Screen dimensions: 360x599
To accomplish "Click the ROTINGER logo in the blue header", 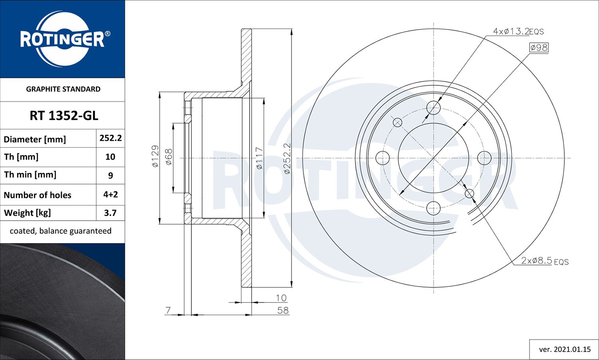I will (x=63, y=39).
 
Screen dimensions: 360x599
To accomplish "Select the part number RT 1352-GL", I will (x=63, y=116).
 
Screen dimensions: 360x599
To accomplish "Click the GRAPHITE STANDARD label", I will (x=63, y=89).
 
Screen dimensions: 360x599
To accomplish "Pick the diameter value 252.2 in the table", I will (x=111, y=138).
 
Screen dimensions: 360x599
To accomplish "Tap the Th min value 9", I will (x=111, y=175).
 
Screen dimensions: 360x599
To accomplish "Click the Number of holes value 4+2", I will (x=111, y=194).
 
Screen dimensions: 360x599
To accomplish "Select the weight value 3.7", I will (x=110, y=213).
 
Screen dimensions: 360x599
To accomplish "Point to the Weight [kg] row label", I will (x=28, y=213).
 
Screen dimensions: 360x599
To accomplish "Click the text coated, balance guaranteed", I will (x=61, y=231).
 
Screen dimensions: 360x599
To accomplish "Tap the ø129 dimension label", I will (x=155, y=156).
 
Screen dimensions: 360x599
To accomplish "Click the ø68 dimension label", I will (x=169, y=157).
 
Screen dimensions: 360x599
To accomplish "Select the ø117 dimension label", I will (x=259, y=158).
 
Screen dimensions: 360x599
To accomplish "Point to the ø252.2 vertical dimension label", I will (x=287, y=158).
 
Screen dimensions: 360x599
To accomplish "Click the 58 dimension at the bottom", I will (x=283, y=310).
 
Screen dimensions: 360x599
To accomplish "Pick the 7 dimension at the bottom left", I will (x=168, y=310).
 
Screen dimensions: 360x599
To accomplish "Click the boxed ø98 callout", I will (x=539, y=47).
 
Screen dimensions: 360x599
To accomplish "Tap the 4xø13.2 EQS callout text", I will (x=518, y=31).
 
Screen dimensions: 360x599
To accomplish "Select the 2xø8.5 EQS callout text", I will (x=545, y=261).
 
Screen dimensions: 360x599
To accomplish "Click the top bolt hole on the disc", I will (x=433, y=107).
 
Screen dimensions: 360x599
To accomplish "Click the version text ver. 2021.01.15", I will (x=565, y=349).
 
